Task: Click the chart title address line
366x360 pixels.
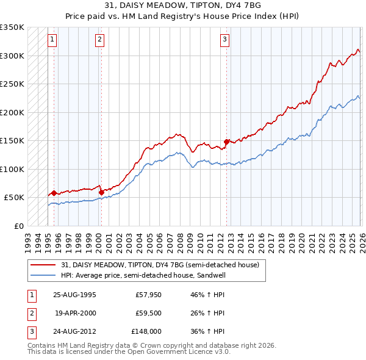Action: point(183,7)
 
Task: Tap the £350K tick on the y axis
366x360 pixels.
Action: point(12,27)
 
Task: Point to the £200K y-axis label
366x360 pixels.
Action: point(12,112)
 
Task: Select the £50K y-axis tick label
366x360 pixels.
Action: point(14,198)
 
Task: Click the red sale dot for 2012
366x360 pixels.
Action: point(226,142)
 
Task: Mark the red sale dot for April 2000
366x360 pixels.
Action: point(101,192)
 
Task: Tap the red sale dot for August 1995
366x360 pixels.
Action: point(54,193)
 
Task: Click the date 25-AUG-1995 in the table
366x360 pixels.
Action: point(74,295)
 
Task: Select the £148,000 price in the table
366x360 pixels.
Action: point(146,331)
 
